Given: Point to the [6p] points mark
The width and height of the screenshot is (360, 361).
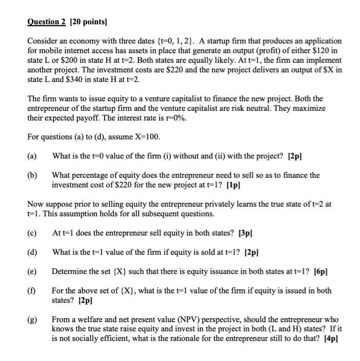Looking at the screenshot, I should point(319,271).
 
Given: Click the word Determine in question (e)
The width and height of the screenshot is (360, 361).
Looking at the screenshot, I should point(70,271).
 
